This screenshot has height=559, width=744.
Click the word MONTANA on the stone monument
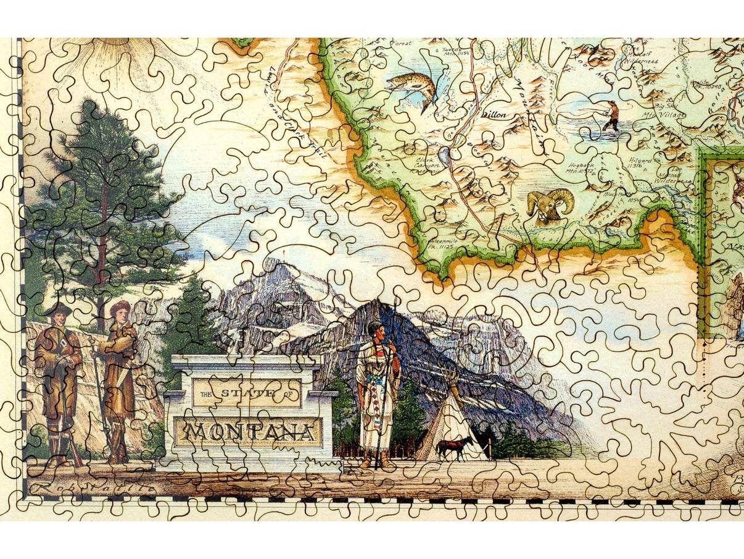click(247, 432)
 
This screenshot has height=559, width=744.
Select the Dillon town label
click(494, 114)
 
